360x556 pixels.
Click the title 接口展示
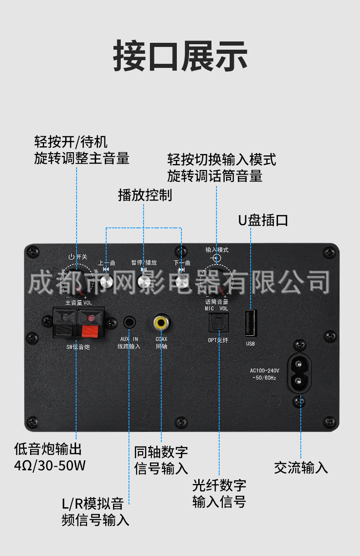coord(180,56)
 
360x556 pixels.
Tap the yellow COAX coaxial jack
coord(161,323)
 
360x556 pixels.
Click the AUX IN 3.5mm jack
coord(129,323)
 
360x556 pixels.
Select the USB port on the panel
coord(251,323)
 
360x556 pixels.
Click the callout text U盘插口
coord(263,220)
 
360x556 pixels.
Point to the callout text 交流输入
coord(301,467)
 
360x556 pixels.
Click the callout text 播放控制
coord(145,195)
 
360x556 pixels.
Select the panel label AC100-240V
coord(264,371)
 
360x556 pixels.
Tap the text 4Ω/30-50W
coord(50,466)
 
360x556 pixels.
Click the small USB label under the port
coord(251,344)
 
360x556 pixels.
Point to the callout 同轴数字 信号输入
coord(161,460)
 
